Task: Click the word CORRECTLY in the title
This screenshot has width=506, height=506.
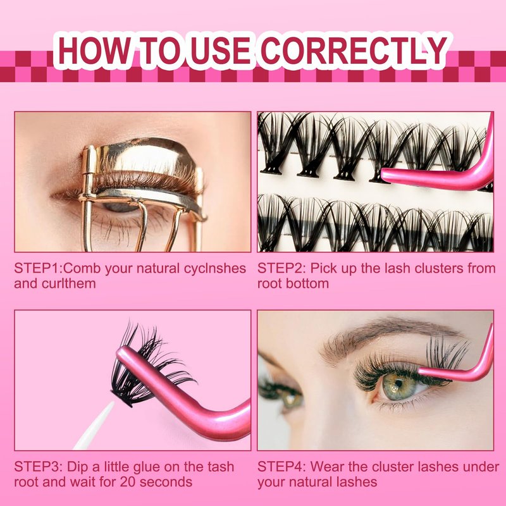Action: (x=354, y=51)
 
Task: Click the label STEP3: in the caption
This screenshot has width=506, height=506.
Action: (x=38, y=467)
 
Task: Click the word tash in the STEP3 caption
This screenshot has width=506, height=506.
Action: (x=221, y=467)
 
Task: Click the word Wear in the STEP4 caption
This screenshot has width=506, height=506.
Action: (x=327, y=467)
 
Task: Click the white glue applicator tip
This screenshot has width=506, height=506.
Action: (x=96, y=425)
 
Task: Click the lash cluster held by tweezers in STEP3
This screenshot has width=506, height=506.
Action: (x=145, y=365)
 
